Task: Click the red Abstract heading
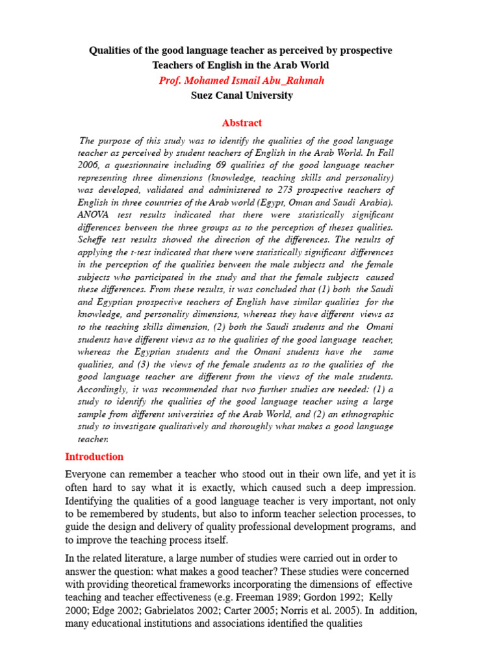pos(242,123)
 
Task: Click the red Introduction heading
pos(94,457)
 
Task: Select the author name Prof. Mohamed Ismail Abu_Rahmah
pos(241,81)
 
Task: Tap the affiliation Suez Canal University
pos(242,95)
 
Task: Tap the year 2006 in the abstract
pos(89,165)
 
